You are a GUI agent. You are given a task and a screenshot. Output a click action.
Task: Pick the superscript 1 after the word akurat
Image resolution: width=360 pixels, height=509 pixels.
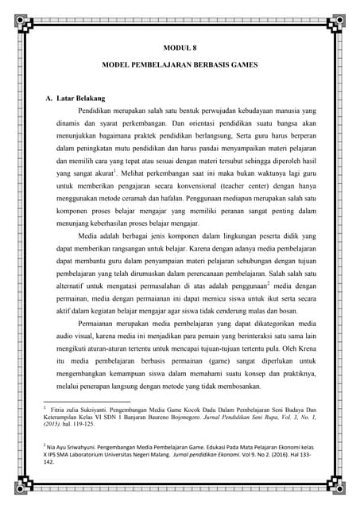115,169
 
